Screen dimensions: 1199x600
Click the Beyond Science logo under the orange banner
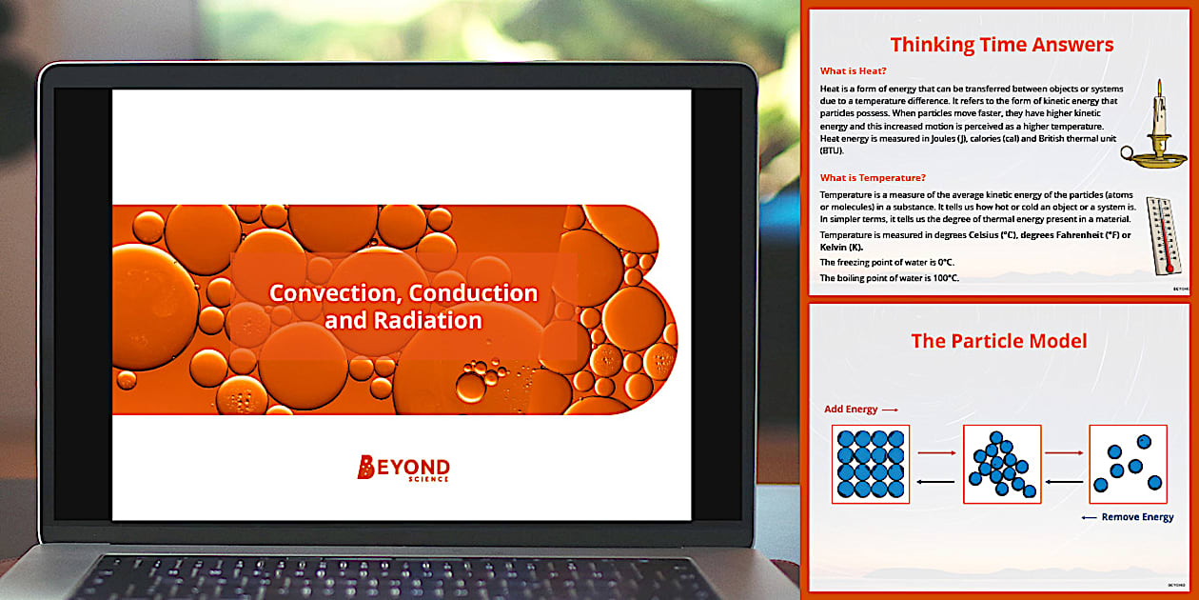403,467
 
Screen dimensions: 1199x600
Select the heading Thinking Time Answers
1001,45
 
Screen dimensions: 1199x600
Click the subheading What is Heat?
854,70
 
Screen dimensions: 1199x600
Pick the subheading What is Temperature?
873,177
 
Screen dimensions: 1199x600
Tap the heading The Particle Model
998,341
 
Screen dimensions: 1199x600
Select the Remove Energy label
1137,517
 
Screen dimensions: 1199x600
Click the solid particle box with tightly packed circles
871,464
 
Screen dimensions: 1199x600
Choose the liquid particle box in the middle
1002,464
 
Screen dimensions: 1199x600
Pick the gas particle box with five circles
1128,464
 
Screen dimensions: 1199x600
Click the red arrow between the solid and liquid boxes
936,454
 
